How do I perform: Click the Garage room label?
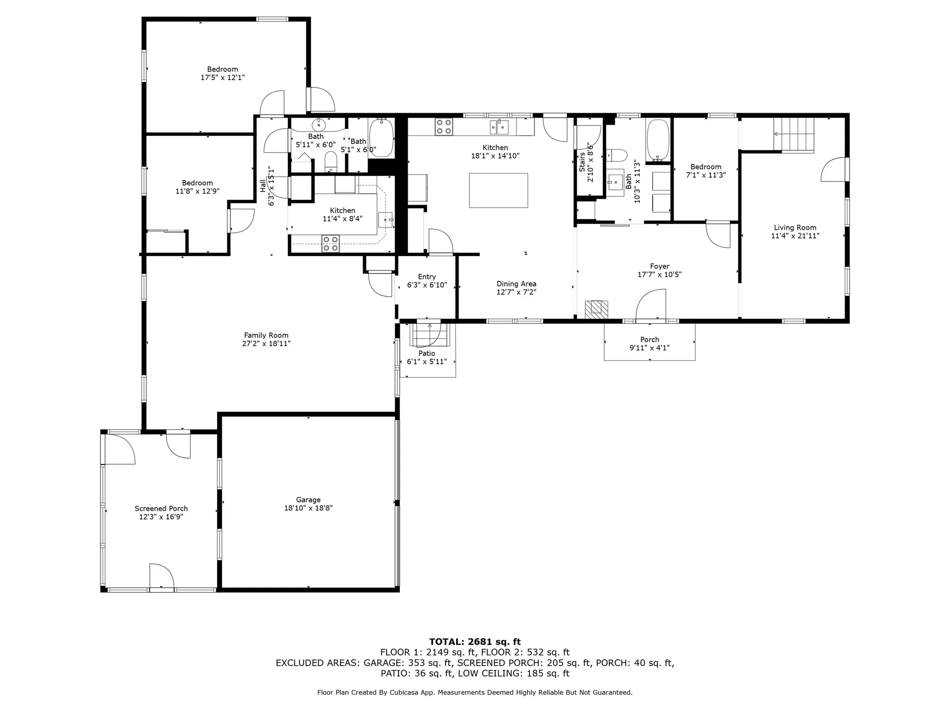click(x=308, y=500)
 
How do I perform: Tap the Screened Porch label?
click(x=161, y=509)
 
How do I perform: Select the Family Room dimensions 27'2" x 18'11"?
click(x=266, y=344)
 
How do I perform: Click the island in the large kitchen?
click(x=498, y=190)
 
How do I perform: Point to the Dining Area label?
click(x=517, y=284)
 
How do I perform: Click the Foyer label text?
click(x=660, y=267)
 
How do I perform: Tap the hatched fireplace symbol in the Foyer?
click(x=597, y=310)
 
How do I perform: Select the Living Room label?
click(x=795, y=228)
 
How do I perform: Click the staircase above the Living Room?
click(x=794, y=135)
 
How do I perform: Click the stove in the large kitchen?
click(x=444, y=127)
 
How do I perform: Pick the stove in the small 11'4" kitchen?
click(x=331, y=244)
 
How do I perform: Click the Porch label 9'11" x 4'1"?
click(x=650, y=344)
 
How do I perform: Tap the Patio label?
click(x=427, y=354)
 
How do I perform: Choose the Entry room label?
click(x=427, y=277)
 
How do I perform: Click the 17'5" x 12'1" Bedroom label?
click(x=223, y=73)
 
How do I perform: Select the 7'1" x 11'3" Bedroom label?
click(x=706, y=171)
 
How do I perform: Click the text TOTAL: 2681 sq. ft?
click(x=475, y=642)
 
